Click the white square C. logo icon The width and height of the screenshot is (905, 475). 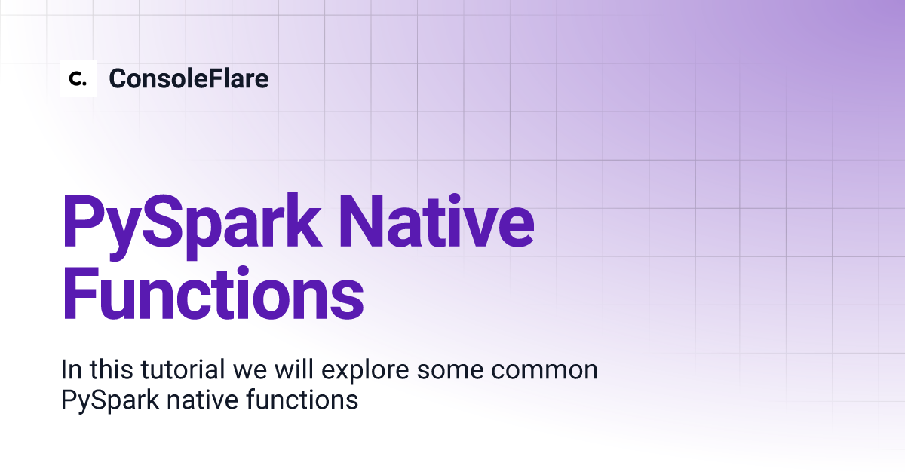78,78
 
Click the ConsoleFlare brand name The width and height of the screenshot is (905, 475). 189,78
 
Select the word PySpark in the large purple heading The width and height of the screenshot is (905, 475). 192,225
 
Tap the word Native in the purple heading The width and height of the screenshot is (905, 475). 437,221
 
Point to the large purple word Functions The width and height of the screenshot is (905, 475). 213,293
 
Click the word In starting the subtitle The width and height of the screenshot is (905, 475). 72,369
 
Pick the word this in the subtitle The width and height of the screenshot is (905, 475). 111,369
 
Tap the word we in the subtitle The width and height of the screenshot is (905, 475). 250,372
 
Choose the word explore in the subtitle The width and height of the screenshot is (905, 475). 365,372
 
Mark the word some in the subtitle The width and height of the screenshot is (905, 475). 450,372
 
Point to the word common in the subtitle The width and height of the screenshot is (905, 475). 545,372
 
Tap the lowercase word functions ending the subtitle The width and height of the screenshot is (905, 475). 302,399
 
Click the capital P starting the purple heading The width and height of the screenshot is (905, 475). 83,221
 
